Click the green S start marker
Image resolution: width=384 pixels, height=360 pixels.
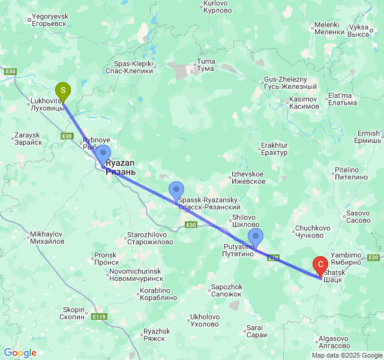62,91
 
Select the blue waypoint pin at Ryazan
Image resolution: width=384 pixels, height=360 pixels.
103,154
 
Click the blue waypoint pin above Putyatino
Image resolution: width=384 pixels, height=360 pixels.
256,237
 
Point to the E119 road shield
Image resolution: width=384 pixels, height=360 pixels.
99,316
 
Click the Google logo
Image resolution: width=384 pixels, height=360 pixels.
20,353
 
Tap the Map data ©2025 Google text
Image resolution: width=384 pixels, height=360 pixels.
347,355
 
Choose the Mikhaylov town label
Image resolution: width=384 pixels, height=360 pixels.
47,237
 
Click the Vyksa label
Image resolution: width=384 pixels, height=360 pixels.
358,31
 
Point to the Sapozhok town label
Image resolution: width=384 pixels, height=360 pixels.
227,290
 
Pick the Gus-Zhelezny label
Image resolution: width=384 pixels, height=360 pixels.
285,83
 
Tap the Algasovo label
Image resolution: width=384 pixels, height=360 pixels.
334,342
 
